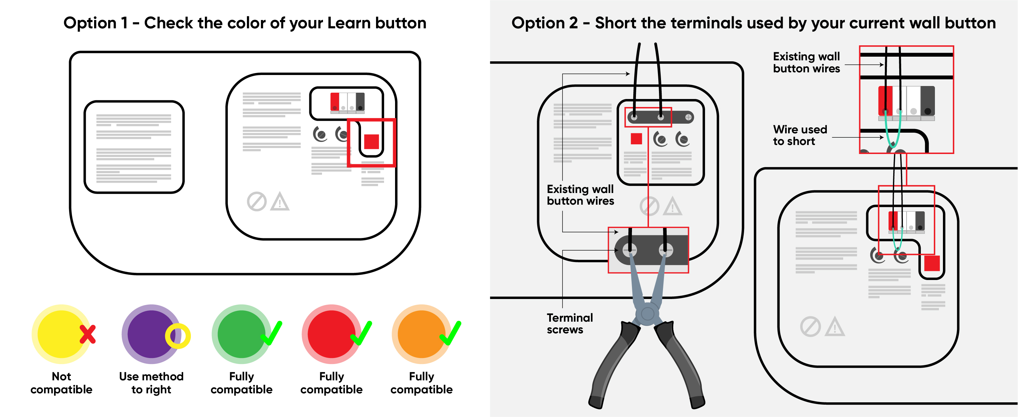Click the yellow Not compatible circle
(x=59, y=334)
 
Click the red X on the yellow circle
(x=87, y=334)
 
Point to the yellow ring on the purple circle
(x=178, y=336)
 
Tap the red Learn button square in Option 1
(x=371, y=141)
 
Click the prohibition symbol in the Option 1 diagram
(x=257, y=201)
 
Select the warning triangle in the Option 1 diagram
(x=280, y=201)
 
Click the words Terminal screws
(x=570, y=323)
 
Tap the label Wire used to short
(x=799, y=135)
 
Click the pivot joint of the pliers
(x=647, y=314)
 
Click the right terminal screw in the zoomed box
(x=666, y=250)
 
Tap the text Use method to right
(x=151, y=383)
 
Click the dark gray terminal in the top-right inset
(x=927, y=101)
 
